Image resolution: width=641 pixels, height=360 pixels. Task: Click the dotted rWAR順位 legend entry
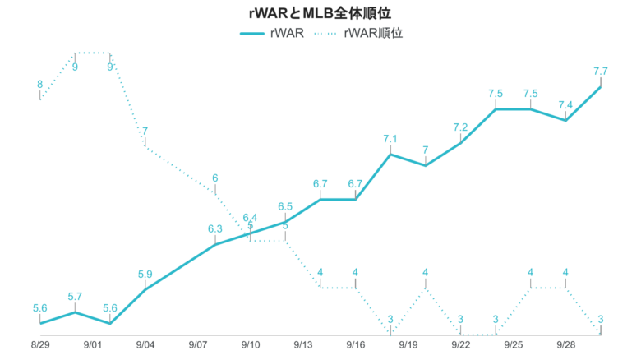[x=361, y=34]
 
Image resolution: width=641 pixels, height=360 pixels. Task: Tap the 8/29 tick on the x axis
[x=39, y=346]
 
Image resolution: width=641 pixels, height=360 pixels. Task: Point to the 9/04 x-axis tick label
[x=145, y=346]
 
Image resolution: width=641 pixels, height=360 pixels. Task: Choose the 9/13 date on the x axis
[x=303, y=346]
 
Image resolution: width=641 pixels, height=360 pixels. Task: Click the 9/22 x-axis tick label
[x=461, y=346]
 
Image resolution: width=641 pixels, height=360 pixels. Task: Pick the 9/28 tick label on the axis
[x=566, y=346]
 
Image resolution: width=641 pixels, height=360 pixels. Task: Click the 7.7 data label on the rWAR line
[x=600, y=72]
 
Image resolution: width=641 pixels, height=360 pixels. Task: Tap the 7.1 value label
[x=390, y=139]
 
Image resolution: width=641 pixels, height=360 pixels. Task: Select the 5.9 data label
[x=145, y=275]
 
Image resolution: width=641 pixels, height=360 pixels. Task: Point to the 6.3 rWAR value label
[x=215, y=229]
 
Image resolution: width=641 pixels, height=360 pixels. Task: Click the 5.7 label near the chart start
[x=75, y=297]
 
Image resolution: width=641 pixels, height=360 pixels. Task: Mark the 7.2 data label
[x=460, y=127]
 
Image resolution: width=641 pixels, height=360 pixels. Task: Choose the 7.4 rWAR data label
[x=565, y=105]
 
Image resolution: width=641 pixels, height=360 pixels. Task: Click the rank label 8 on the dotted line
[x=39, y=84]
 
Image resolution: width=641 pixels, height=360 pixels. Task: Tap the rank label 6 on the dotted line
[x=215, y=178]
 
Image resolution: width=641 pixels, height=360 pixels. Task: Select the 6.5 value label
[x=285, y=206]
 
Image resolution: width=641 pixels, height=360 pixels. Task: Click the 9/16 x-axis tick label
[x=356, y=346]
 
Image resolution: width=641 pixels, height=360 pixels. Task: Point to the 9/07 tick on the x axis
[x=198, y=346]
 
